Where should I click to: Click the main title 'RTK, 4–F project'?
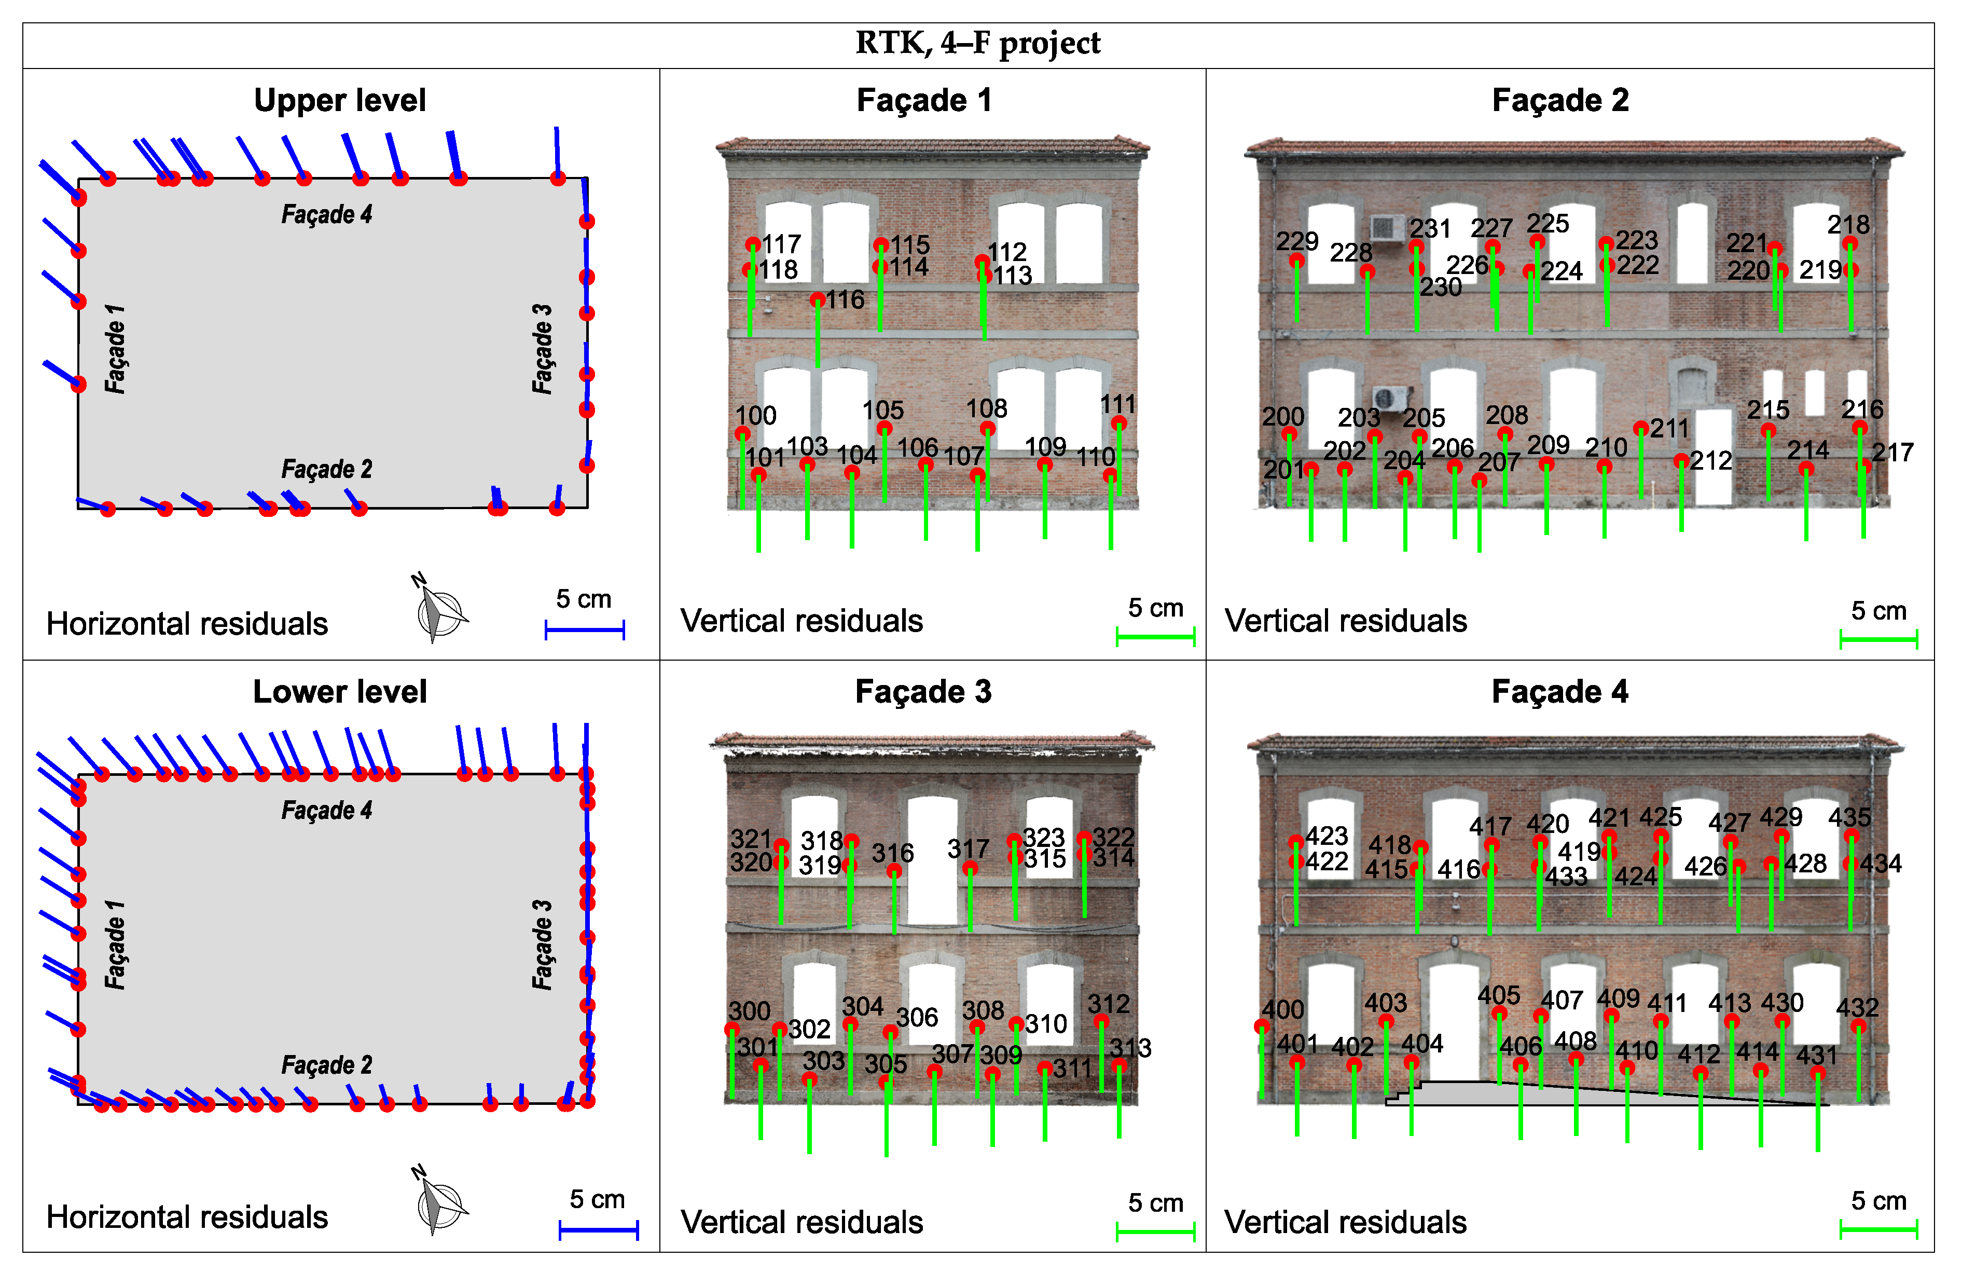978,43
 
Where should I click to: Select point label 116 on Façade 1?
845,299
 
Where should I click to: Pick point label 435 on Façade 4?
1849,817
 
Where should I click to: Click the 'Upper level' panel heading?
340,101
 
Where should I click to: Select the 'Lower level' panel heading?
340,692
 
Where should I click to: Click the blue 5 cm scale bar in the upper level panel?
585,630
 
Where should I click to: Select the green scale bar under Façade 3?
1155,1232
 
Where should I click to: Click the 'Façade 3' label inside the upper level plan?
542,349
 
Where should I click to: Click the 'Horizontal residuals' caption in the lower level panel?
187,1217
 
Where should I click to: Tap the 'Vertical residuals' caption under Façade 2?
1345,621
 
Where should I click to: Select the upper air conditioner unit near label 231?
1387,227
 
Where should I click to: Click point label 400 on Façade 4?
1283,1009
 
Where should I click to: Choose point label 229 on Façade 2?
1297,241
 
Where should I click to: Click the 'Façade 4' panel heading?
1560,692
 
